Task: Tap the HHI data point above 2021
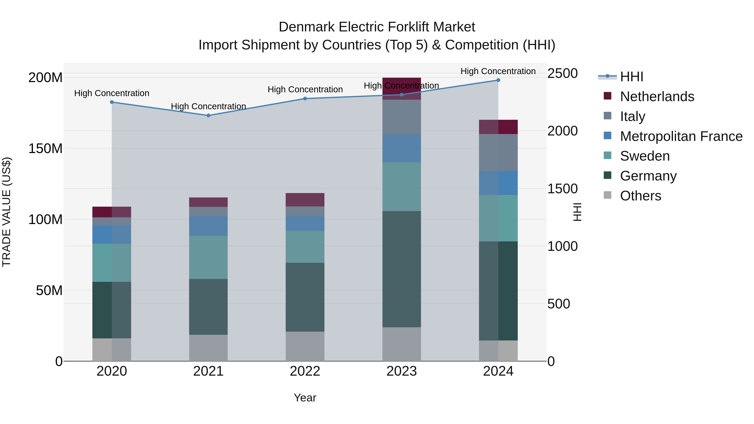[x=208, y=116]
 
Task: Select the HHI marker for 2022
[x=305, y=99]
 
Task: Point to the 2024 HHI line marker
[x=498, y=80]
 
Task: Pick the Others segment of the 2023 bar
[x=402, y=344]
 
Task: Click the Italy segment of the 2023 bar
[x=402, y=117]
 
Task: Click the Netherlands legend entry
[x=657, y=97]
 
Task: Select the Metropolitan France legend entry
[x=681, y=136]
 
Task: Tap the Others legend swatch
[x=607, y=195]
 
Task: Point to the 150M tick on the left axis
[x=45, y=149]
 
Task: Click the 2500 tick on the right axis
[x=562, y=73]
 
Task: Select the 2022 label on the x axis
[x=305, y=371]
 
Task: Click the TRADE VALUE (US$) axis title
[x=7, y=212]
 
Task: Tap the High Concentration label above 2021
[x=208, y=106]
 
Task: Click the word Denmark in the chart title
[x=306, y=27]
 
